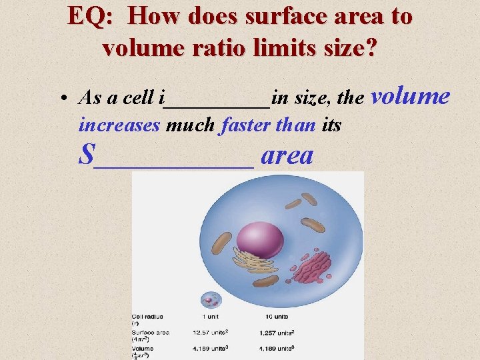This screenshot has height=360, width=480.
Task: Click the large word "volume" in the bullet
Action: (x=410, y=97)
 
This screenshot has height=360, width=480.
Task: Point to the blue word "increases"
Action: (x=119, y=125)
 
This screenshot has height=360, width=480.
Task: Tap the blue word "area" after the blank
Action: (x=287, y=155)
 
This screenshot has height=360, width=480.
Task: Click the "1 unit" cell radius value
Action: (x=212, y=316)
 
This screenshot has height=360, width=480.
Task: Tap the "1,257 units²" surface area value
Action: (x=276, y=332)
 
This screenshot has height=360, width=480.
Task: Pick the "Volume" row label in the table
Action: (x=143, y=348)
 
